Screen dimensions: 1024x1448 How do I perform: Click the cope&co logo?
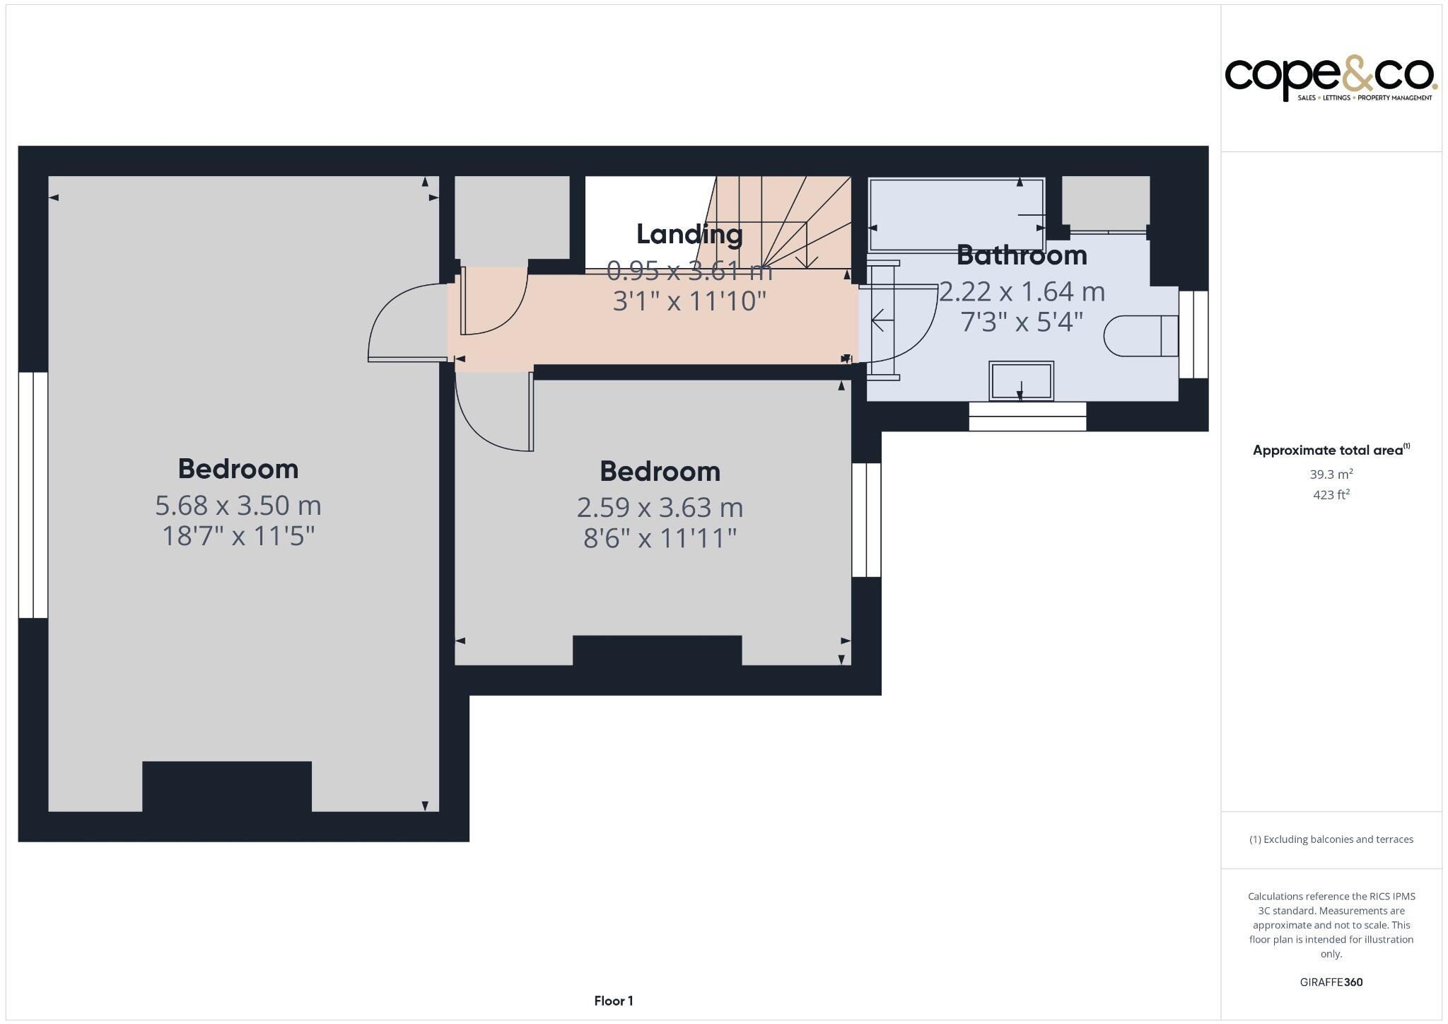pos(1330,79)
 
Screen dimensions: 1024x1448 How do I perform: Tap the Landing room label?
pos(689,234)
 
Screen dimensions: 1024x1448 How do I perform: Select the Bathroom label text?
pos(1021,255)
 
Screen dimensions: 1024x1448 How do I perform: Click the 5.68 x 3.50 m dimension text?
pos(238,506)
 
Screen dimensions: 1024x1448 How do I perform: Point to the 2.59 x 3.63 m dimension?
pos(660,508)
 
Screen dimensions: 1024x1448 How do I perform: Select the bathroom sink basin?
pos(1021,381)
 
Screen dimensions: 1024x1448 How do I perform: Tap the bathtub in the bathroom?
pos(956,214)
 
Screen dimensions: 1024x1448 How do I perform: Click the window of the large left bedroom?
pos(33,495)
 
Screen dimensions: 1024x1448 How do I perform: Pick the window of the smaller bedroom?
pos(866,520)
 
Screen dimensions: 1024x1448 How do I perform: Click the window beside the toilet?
pos(1193,334)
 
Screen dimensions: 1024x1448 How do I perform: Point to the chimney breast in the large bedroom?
pos(227,786)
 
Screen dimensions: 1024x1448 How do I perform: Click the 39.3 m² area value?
pos(1331,475)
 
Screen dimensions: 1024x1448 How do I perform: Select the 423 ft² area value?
pos(1331,495)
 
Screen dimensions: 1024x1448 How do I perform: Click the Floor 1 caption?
pos(613,1001)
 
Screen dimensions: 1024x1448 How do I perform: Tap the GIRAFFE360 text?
pos(1331,982)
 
